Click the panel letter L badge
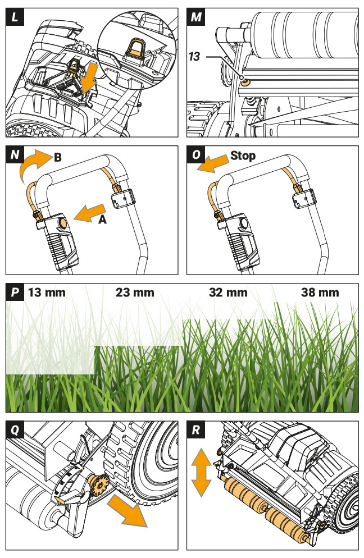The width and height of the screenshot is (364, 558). coord(14,16)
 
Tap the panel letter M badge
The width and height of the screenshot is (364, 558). coord(196,16)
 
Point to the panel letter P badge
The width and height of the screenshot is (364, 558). coord(14,292)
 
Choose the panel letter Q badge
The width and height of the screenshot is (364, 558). coord(14,429)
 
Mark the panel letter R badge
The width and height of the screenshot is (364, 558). coord(196,429)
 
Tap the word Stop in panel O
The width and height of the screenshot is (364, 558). coord(243,155)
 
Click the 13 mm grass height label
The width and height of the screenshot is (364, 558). coord(47,292)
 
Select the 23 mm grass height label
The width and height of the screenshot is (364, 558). coord(135,292)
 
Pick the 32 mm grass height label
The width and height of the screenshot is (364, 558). coord(228,292)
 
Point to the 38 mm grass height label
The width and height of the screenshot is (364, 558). coord(320,292)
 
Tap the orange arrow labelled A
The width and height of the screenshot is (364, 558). coord(87,213)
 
